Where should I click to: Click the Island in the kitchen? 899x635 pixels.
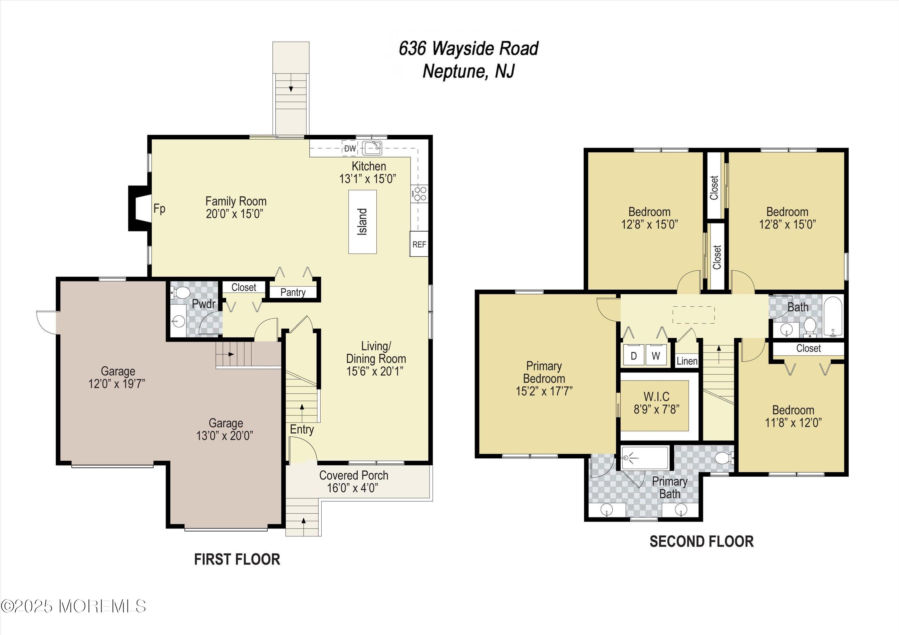pyautogui.click(x=363, y=222)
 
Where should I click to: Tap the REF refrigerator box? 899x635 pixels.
pyautogui.click(x=419, y=244)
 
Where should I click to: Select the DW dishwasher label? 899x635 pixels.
pyautogui.click(x=350, y=149)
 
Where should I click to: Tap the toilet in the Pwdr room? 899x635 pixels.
pyautogui.click(x=181, y=292)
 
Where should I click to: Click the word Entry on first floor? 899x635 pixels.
pyautogui.click(x=301, y=429)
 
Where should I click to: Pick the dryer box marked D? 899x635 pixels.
pyautogui.click(x=634, y=355)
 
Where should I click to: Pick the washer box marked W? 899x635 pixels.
pyautogui.click(x=656, y=355)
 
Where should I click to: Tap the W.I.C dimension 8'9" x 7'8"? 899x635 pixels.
pyautogui.click(x=656, y=409)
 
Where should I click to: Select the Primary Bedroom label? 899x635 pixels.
pyautogui.click(x=544, y=372)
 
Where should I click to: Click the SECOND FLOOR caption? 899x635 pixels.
pyautogui.click(x=701, y=542)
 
